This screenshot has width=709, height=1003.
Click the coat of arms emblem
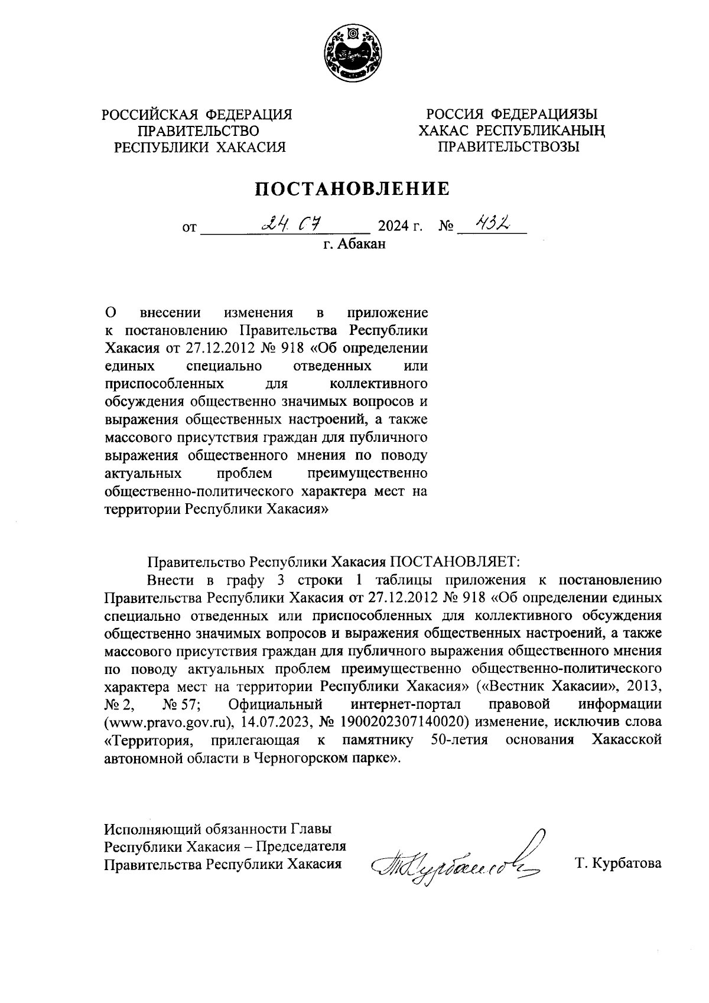(353, 56)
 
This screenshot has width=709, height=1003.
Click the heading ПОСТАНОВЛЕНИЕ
(352, 189)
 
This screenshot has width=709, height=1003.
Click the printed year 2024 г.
(400, 226)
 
